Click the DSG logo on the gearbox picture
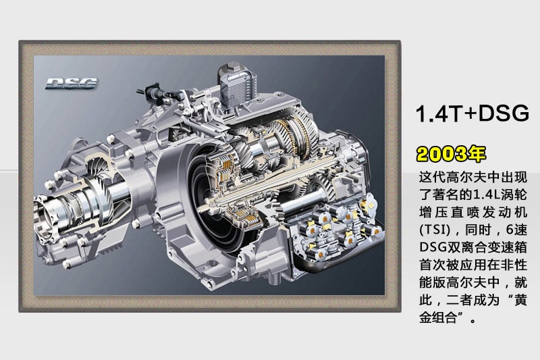point(72,83)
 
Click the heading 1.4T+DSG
point(472,113)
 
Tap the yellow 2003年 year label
point(451,153)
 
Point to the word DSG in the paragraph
point(432,247)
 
